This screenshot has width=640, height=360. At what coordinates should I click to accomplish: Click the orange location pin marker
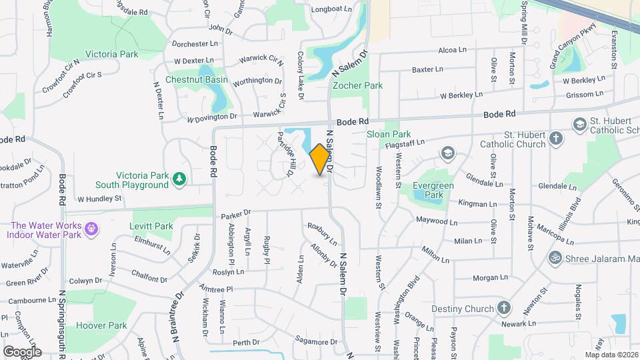(x=320, y=159)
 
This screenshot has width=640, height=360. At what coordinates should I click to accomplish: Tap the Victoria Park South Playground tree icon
(x=179, y=178)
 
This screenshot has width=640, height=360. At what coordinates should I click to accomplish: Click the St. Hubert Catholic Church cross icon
(x=557, y=140)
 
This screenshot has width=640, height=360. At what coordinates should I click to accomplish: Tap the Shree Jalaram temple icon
(x=554, y=258)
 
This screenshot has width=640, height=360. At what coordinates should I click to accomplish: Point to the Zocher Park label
(x=357, y=85)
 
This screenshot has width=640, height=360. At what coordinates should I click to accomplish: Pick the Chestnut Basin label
(x=197, y=80)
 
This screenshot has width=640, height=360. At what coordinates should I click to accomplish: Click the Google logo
(x=22, y=351)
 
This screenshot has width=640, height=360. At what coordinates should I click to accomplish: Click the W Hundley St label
(x=100, y=199)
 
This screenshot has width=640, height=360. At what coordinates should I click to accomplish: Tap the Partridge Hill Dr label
(x=285, y=154)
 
